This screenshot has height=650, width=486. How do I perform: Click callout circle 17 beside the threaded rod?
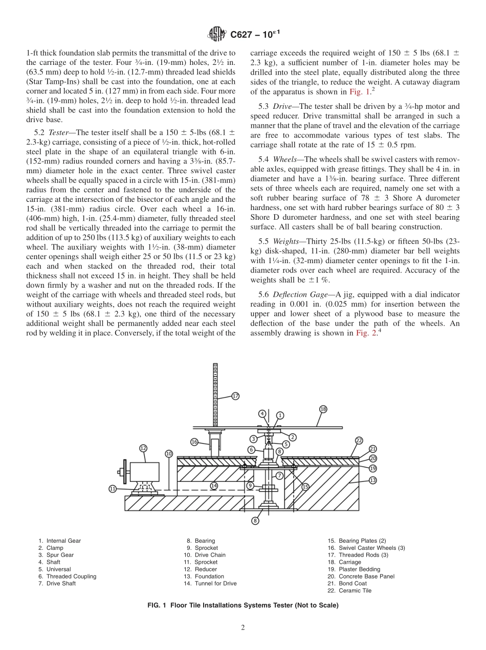pos(235,396)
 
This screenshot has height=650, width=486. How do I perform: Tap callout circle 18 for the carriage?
pos(323,409)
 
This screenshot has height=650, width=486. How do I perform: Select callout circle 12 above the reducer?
pos(143,448)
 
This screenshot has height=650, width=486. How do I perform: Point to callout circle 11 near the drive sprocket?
pos(113,489)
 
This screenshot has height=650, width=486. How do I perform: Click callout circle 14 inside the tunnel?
pos(214,486)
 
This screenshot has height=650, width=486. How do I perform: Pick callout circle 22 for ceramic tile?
pos(359,440)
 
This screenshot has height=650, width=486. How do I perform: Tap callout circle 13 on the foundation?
pos(373,480)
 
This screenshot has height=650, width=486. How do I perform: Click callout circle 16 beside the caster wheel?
pos(194,442)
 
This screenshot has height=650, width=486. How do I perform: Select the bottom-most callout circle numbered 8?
pos(255,521)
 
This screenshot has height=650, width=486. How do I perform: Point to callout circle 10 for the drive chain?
pos(169,453)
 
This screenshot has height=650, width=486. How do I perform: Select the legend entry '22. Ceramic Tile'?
pos(349,591)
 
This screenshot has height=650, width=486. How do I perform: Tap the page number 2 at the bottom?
pos(243,628)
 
